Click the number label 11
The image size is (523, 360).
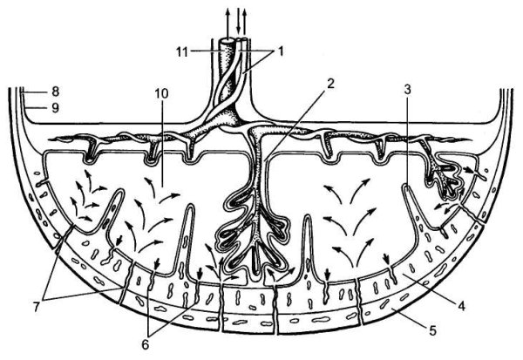(x=182, y=52)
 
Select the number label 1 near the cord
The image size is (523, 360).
(x=281, y=51)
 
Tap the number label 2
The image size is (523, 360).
(x=329, y=84)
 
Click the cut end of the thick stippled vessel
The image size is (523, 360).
(x=227, y=41)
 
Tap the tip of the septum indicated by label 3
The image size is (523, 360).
(x=405, y=185)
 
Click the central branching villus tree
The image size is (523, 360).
(x=255, y=214)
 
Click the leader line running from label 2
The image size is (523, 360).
(x=295, y=124)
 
